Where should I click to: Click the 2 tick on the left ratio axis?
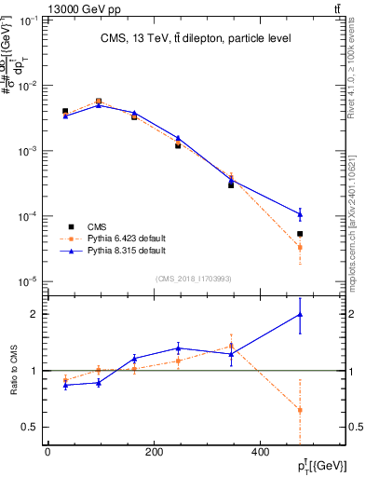pos(37,314)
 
